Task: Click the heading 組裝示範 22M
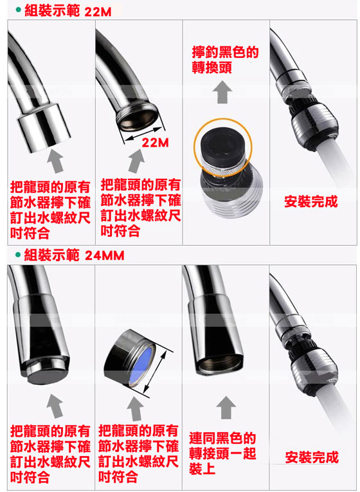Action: pyautogui.click(x=67, y=11)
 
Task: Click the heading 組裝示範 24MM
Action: pyautogui.click(x=74, y=255)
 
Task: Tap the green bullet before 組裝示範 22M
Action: pyautogui.click(x=19, y=10)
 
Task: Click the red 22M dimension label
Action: pyautogui.click(x=155, y=143)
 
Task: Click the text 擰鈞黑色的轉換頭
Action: pyautogui.click(x=225, y=60)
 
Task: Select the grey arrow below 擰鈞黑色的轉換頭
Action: pyautogui.click(x=222, y=92)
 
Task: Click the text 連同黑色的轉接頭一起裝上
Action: pyautogui.click(x=222, y=453)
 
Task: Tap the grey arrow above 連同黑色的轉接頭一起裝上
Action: pyautogui.click(x=226, y=407)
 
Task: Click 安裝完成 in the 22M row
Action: pyautogui.click(x=310, y=201)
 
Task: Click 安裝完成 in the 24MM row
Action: pyautogui.click(x=312, y=457)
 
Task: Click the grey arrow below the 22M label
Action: pyautogui.click(x=136, y=161)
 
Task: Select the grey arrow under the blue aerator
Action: pyautogui.click(x=136, y=408)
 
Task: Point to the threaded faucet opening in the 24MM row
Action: pyautogui.click(x=219, y=365)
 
